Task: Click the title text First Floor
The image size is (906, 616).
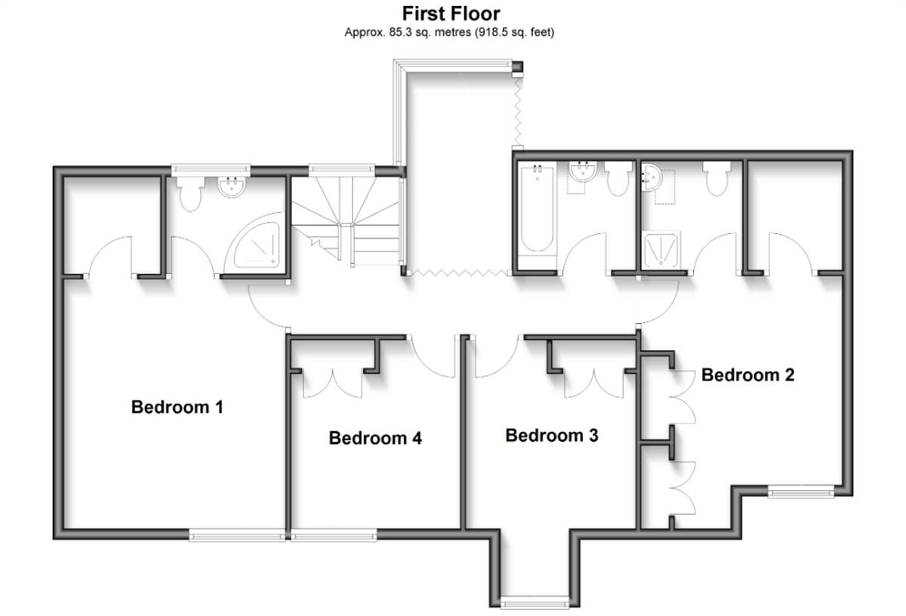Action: (450, 13)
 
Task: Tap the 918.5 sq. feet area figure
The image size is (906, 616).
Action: (516, 32)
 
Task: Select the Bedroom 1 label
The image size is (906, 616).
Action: (177, 407)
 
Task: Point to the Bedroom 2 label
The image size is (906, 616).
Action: (747, 374)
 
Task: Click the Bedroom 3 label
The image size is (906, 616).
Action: (552, 435)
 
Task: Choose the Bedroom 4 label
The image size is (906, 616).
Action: (375, 438)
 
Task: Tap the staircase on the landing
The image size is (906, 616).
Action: (346, 219)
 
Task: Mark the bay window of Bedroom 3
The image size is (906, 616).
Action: (535, 602)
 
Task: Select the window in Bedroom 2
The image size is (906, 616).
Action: (801, 491)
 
